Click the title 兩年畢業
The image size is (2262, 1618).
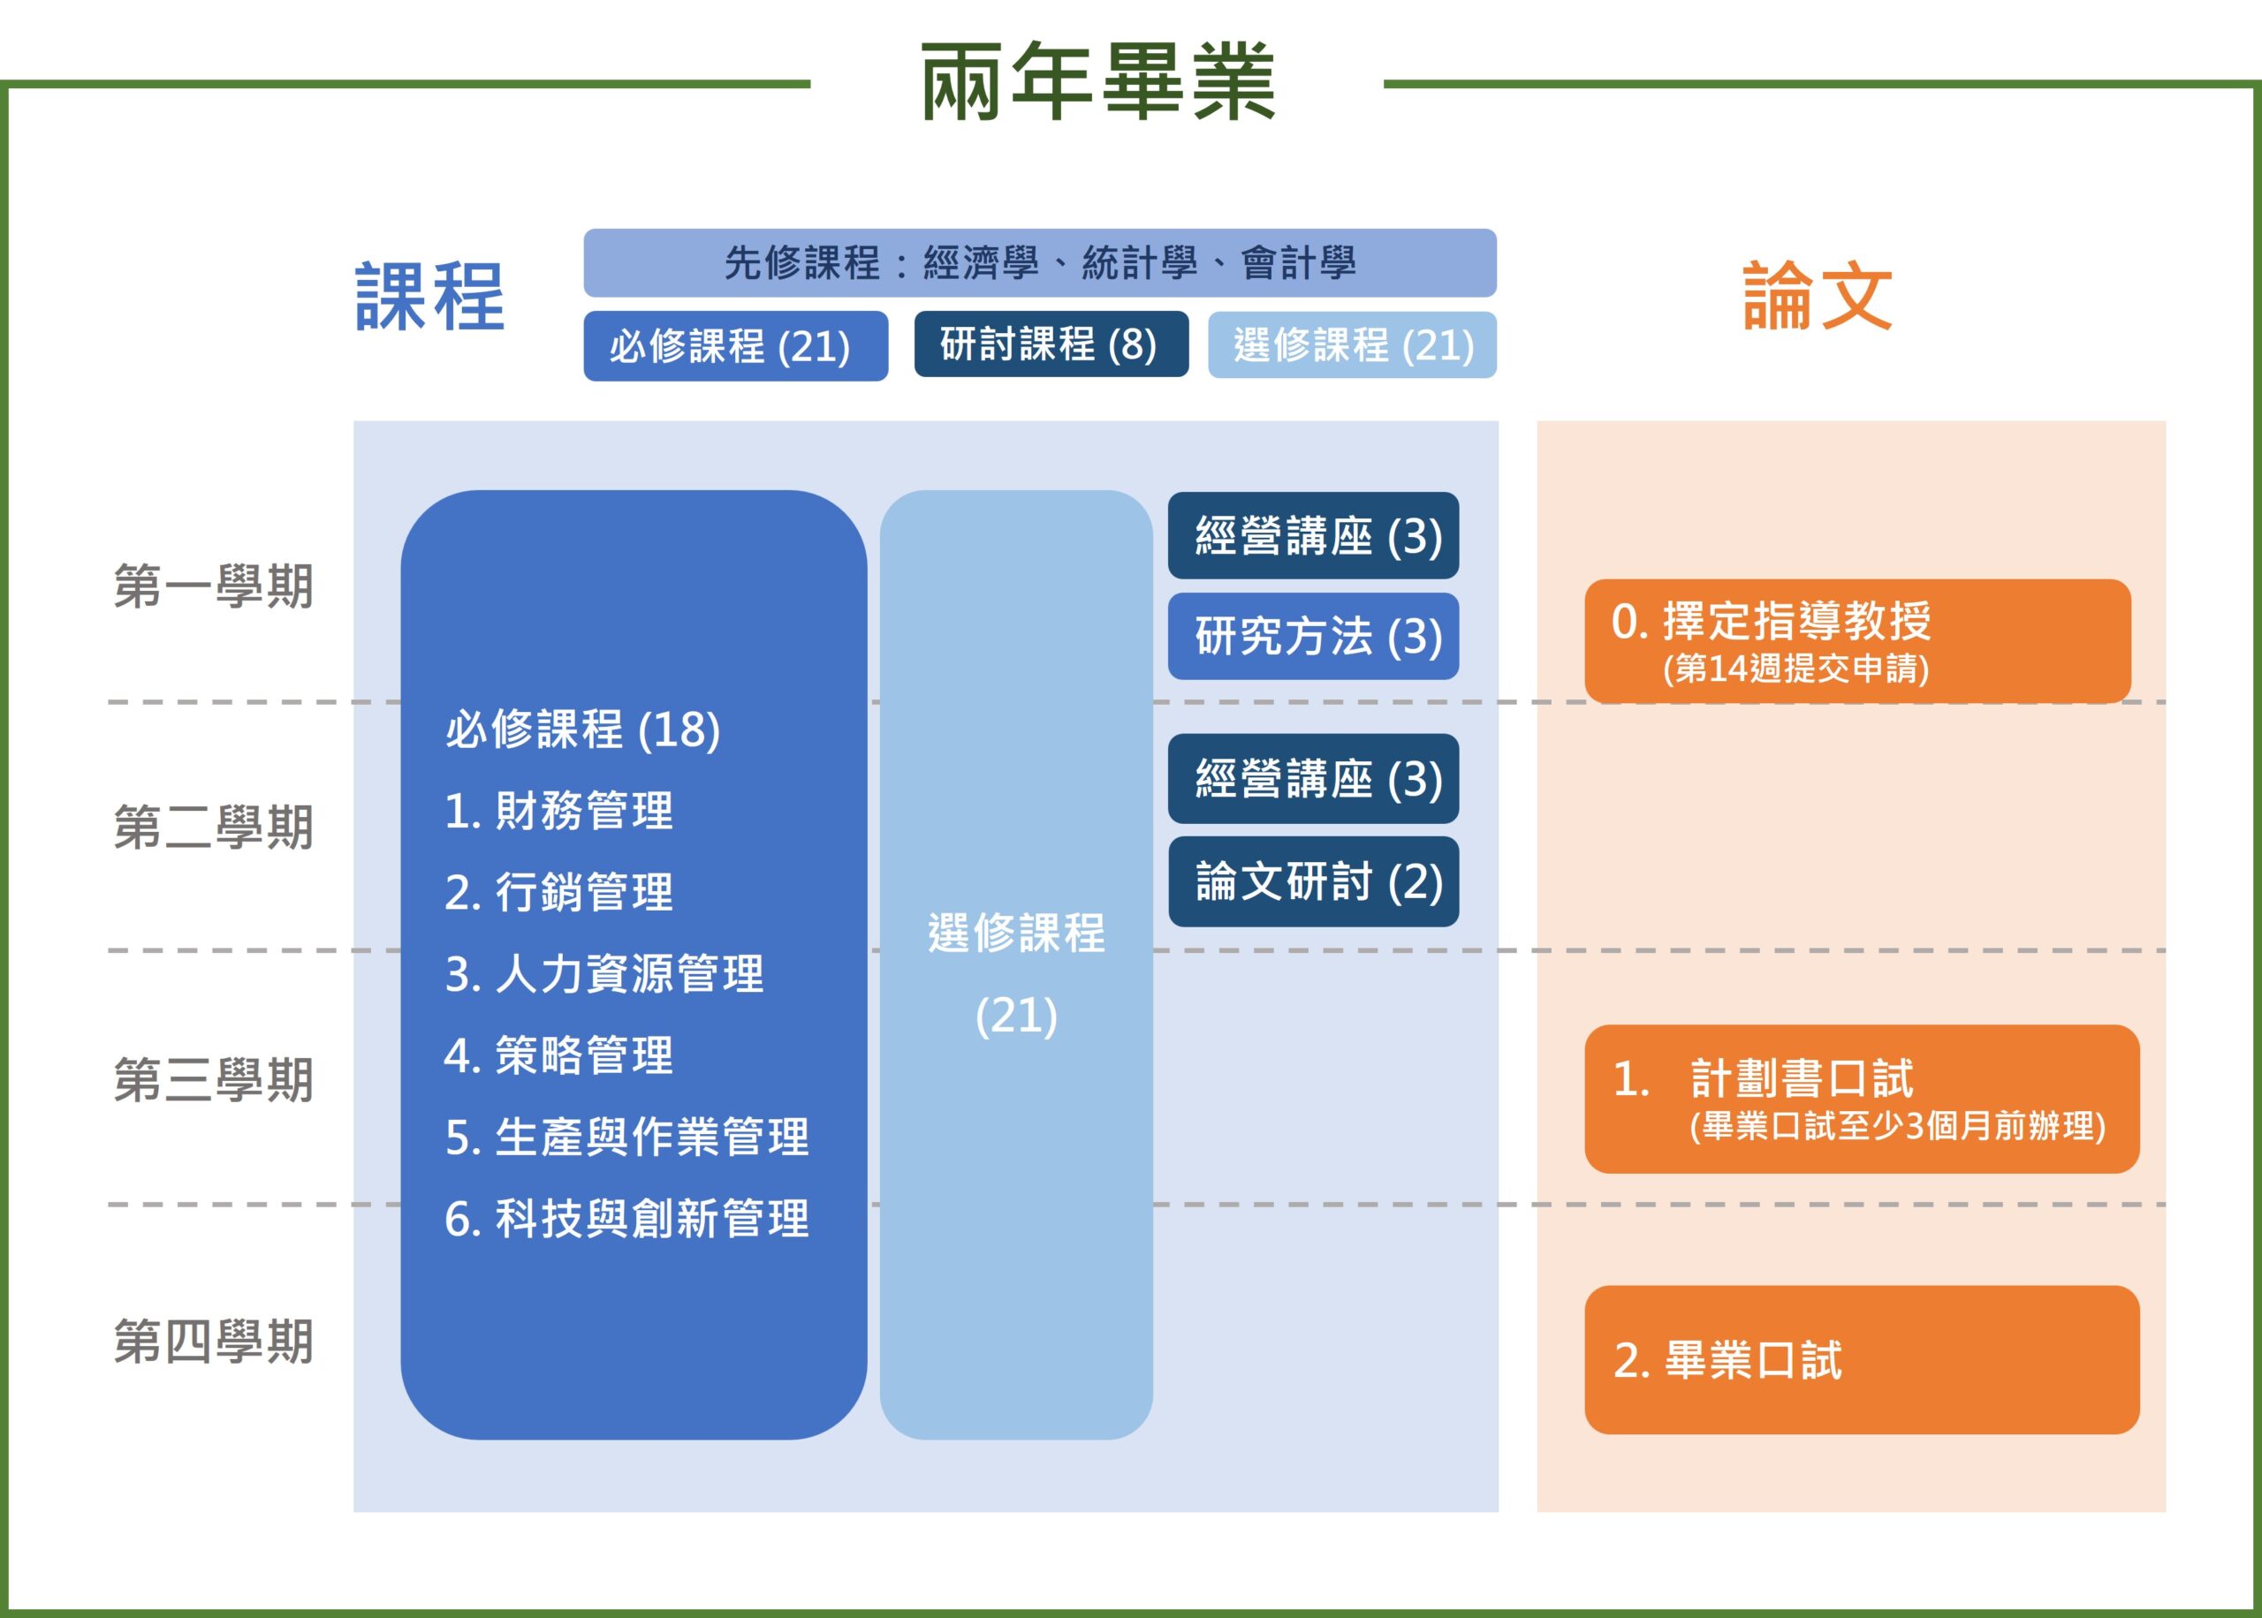1097,82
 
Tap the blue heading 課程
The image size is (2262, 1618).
430,296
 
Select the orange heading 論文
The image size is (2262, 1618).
1818,296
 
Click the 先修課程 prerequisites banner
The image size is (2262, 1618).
1039,263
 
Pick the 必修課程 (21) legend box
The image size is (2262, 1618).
734,345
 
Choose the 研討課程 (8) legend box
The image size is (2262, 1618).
1051,344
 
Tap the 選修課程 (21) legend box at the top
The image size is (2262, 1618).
1351,344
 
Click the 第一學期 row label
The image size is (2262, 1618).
213,586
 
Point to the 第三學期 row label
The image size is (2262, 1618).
213,1080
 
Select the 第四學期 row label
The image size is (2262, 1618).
213,1341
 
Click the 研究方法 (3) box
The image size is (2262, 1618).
1313,636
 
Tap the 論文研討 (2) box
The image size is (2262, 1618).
1313,881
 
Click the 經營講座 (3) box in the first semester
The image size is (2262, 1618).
1313,535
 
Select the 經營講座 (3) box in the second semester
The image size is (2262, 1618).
1313,778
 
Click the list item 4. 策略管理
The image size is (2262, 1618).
559,1055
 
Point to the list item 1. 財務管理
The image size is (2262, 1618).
559,810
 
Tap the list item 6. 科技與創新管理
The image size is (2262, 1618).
626,1219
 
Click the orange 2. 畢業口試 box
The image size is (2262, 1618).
1862,1360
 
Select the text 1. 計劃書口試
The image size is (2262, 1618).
1764,1078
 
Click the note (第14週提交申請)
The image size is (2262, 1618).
1795,668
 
